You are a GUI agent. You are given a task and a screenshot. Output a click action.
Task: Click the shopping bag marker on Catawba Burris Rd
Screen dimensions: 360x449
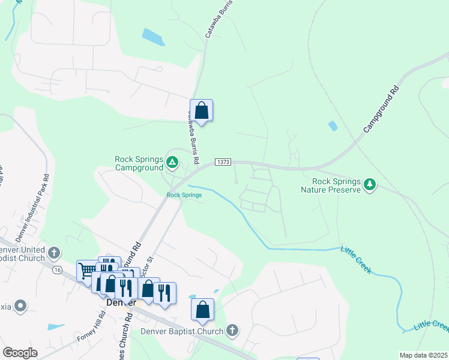tap(202, 110)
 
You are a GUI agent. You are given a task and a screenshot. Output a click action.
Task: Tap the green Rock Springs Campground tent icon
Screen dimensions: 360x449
tap(172, 161)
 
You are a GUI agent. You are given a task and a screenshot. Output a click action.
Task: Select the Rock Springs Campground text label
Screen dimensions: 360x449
tap(139, 163)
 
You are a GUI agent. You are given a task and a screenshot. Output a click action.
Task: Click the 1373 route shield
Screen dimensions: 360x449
tap(222, 162)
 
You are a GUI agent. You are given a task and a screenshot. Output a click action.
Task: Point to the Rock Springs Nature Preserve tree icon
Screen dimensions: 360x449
tap(370, 184)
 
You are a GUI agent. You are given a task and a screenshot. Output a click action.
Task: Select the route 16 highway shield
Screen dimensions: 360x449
tap(57, 271)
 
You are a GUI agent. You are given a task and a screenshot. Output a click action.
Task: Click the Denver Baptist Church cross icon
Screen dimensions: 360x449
tap(232, 331)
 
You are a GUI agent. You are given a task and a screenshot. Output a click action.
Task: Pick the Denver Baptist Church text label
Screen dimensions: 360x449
tap(182, 331)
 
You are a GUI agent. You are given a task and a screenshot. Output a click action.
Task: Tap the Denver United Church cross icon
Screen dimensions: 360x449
tap(55, 252)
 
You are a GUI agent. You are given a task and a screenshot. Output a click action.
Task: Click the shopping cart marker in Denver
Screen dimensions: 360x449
tap(87, 271)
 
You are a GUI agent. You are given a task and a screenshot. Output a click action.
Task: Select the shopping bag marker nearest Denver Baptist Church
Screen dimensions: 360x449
tap(203, 310)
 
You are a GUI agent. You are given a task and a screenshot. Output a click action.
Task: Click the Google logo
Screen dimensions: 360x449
tap(20, 353)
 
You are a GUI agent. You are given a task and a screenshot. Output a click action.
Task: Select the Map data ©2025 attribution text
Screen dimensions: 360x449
tap(423, 355)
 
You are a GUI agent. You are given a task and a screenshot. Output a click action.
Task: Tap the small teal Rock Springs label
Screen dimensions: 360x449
tap(184, 195)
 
